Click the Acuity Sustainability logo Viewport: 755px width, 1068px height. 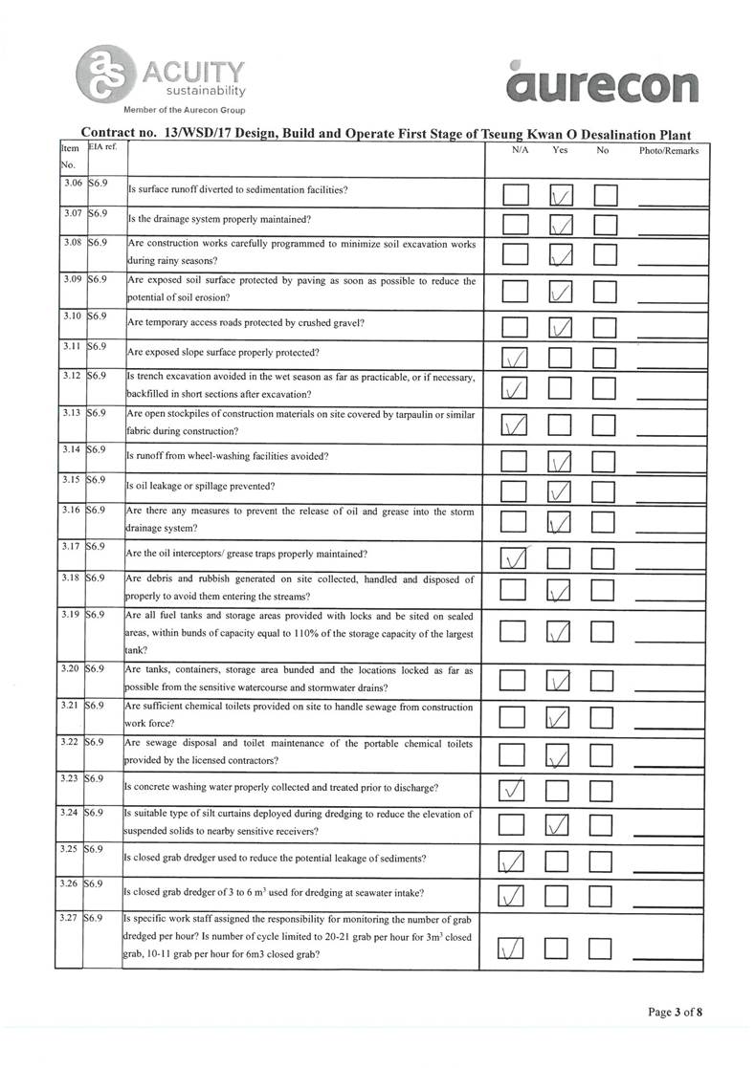click(163, 76)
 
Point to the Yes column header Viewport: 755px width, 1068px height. click(561, 151)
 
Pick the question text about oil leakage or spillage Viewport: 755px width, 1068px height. click(201, 486)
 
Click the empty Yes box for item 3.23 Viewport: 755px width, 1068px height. click(559, 791)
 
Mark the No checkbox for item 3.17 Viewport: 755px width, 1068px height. click(604, 556)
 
